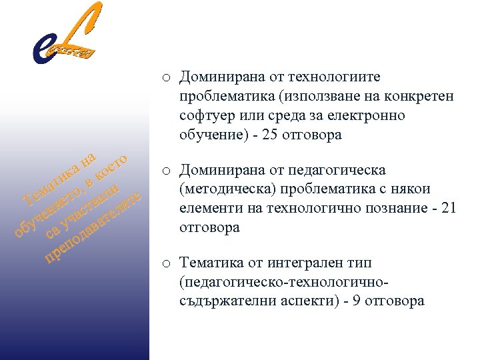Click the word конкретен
pos(417,97)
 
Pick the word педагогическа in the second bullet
pos(341,171)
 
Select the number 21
pos(449,209)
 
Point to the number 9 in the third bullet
pos(359,301)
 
